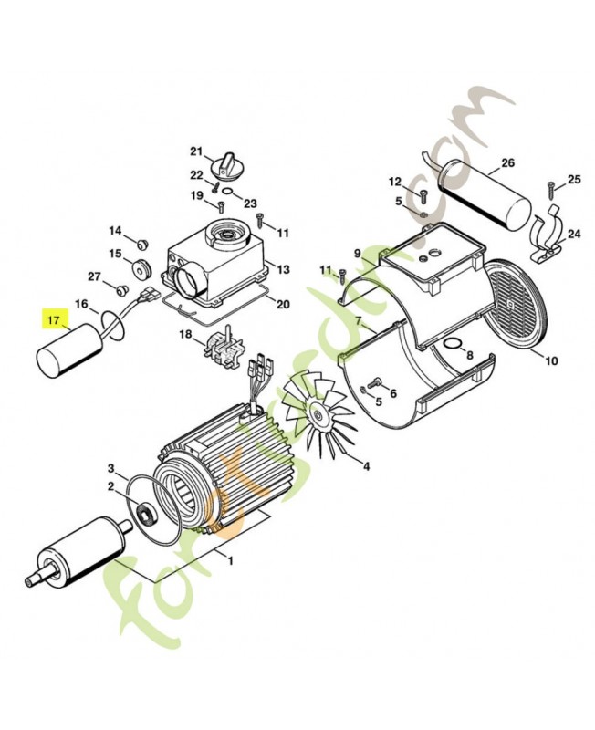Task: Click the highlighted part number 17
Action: (53, 320)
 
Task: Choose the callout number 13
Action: (283, 269)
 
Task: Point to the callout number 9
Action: (358, 254)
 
